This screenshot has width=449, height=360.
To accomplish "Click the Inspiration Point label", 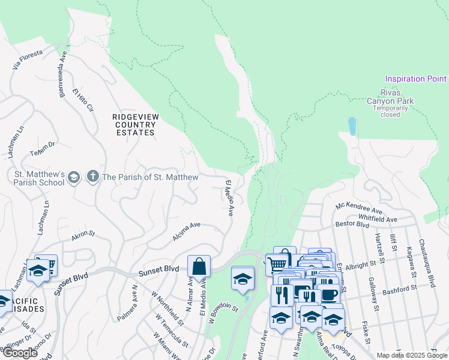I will pos(415,79).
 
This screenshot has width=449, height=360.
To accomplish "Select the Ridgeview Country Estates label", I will pos(135,124).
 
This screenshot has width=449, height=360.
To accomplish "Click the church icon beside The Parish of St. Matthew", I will pos(92,176).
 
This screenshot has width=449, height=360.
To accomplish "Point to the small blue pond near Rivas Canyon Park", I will pos(352,126).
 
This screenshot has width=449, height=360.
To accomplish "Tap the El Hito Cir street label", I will pos(83,101).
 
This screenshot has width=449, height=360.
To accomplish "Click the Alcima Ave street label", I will pos(186,232).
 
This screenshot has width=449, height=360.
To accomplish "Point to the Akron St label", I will pos(83,235).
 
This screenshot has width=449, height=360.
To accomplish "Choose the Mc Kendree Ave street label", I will pos(359,210).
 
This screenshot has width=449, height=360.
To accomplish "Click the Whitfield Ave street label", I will pos(378,219).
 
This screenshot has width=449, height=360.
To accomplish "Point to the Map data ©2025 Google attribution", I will pos(412,355).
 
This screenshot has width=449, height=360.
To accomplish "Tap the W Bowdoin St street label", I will pos(223,314).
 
